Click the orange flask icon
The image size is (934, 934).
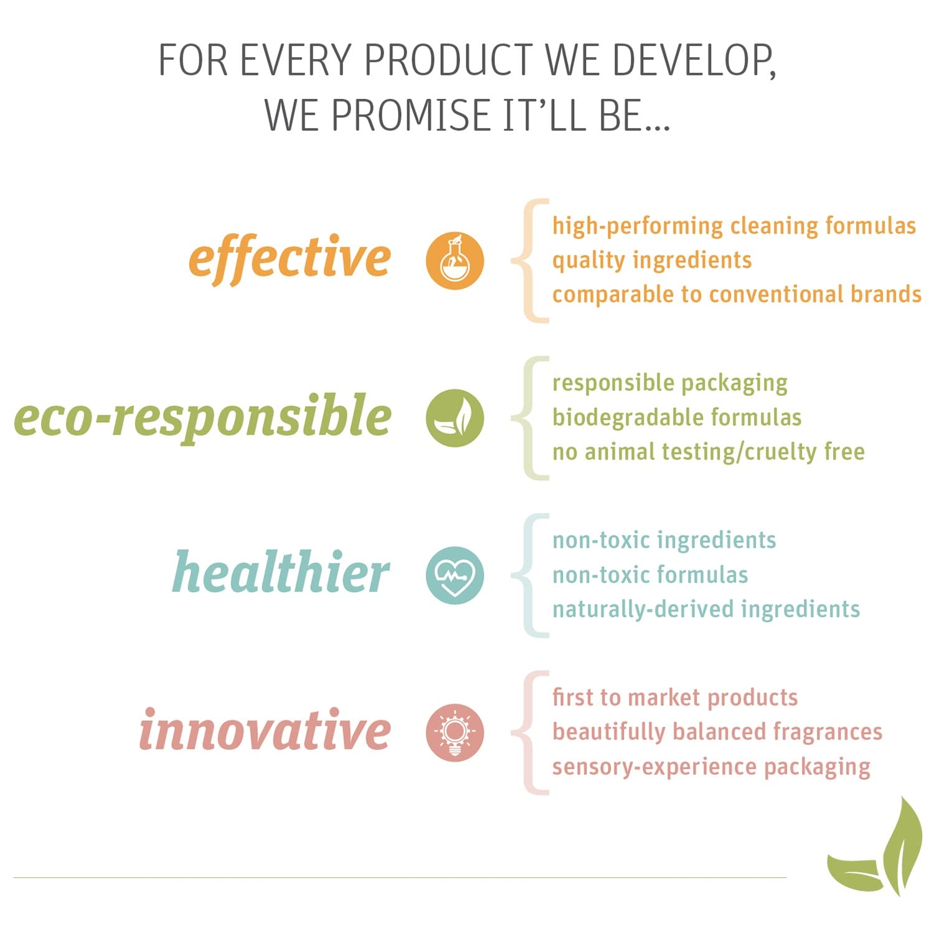(455, 260)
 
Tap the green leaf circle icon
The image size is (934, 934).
(455, 418)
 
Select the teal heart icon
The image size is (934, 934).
(455, 575)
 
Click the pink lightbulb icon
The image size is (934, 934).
(455, 733)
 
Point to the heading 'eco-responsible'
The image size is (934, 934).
(202, 416)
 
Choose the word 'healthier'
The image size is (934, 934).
(281, 571)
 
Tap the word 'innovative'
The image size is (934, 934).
(265, 729)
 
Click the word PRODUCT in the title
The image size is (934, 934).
(448, 60)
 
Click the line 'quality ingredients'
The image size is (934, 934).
(652, 260)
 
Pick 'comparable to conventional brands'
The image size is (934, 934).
(737, 294)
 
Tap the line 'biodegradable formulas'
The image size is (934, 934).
(677, 417)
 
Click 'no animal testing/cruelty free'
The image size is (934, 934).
(709, 451)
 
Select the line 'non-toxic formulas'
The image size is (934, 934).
(650, 575)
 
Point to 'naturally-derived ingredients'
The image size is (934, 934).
(706, 609)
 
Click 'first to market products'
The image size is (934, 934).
(675, 697)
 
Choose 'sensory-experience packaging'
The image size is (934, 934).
(711, 767)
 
